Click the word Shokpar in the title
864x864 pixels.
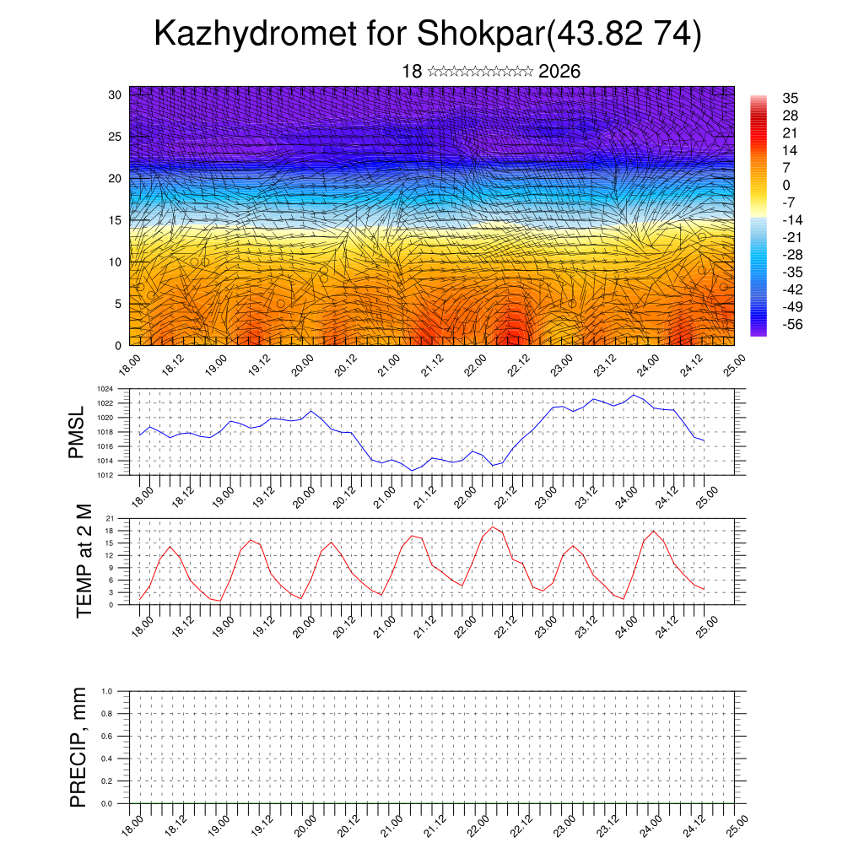[x=482, y=35]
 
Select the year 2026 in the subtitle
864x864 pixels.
[x=559, y=72]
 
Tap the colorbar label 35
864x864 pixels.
[x=791, y=98]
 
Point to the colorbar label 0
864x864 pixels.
[x=786, y=185]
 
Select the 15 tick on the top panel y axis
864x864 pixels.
[x=116, y=220]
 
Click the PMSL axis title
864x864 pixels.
[x=77, y=432]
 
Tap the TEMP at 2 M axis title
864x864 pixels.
[x=84, y=560]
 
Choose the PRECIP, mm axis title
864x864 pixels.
[x=78, y=747]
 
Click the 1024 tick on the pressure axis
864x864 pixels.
[x=105, y=389]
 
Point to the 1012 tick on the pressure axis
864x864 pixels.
[x=105, y=475]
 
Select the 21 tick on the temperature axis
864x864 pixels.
[x=110, y=518]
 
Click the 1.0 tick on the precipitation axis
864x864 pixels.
[x=107, y=691]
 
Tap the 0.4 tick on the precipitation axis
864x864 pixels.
[x=107, y=759]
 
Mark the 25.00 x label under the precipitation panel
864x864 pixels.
[x=737, y=823]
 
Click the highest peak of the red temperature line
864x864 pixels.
[x=494, y=527]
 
